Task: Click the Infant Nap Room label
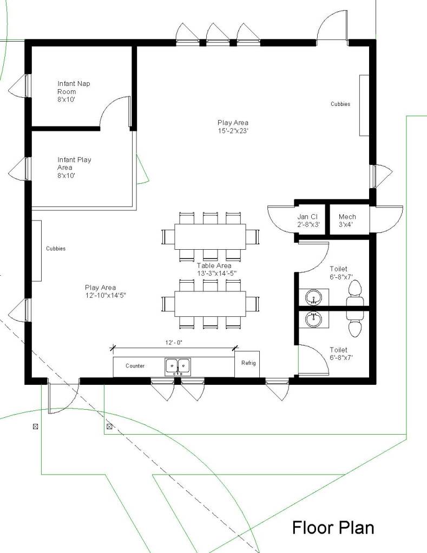[x=74, y=91]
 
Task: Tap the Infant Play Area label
[x=74, y=168]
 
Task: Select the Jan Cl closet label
[x=308, y=221]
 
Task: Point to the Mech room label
[x=347, y=221]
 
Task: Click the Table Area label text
[x=216, y=269]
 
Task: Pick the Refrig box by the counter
[x=247, y=364]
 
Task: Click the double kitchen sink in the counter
[x=178, y=367]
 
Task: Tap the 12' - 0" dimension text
[x=174, y=342]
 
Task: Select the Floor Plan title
[x=333, y=528]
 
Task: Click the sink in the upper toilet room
[x=313, y=297]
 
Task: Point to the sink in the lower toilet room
[x=313, y=319]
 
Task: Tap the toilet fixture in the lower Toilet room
[x=355, y=324]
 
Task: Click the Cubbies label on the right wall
[x=340, y=104]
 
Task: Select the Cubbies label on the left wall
[x=56, y=249]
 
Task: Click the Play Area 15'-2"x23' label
[x=233, y=126]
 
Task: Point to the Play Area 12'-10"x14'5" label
[x=105, y=291]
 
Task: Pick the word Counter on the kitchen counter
[x=135, y=366]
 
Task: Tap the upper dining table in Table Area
[x=210, y=237]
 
